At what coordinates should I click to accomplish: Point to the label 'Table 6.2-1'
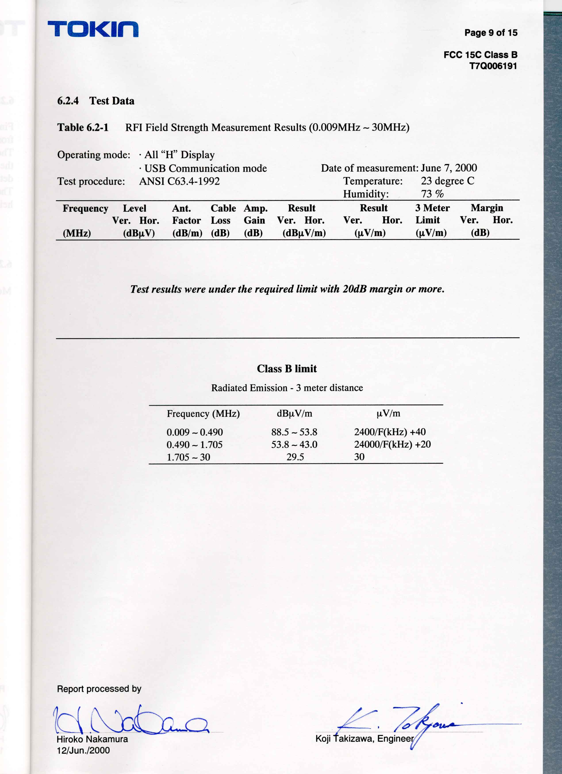[x=83, y=128]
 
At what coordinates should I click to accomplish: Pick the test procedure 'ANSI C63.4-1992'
[x=179, y=181]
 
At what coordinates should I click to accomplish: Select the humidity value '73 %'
[x=432, y=194]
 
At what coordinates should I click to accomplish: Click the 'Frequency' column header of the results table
[x=85, y=208]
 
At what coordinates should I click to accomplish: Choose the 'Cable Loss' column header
[x=223, y=214]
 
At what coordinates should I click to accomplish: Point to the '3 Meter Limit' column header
[x=432, y=214]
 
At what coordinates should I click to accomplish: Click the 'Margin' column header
[x=487, y=208]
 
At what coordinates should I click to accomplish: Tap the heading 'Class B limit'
[x=287, y=369]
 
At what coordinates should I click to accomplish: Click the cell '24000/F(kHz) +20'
[x=392, y=444]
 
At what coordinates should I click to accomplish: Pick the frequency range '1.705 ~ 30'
[x=188, y=457]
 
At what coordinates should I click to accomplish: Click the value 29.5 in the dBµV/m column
[x=295, y=457]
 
